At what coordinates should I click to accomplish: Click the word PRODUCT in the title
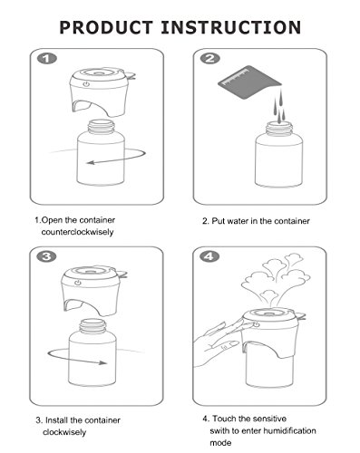(x=106, y=27)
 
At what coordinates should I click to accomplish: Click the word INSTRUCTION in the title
(x=231, y=27)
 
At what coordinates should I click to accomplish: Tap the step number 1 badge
(x=47, y=58)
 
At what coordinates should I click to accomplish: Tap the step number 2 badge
(x=210, y=58)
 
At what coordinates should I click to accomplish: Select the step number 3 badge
(x=46, y=256)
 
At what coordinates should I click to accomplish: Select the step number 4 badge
(x=209, y=256)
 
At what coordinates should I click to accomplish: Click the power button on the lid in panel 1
(x=86, y=84)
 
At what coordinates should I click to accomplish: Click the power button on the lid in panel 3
(x=78, y=283)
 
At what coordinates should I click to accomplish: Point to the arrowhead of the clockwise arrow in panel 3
(x=103, y=362)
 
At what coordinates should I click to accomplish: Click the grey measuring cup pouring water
(x=249, y=82)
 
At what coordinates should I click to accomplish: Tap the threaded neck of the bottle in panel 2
(x=279, y=128)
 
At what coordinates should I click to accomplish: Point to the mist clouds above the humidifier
(x=275, y=278)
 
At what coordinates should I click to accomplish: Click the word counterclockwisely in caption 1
(x=77, y=232)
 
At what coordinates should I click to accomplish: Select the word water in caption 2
(x=238, y=221)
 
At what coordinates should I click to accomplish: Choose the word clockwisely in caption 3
(x=64, y=432)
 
